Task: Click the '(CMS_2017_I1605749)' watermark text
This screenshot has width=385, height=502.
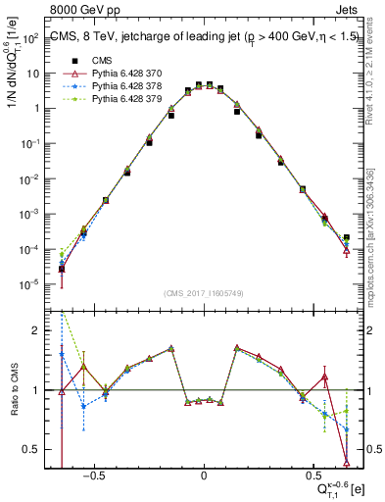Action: tap(204, 293)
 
